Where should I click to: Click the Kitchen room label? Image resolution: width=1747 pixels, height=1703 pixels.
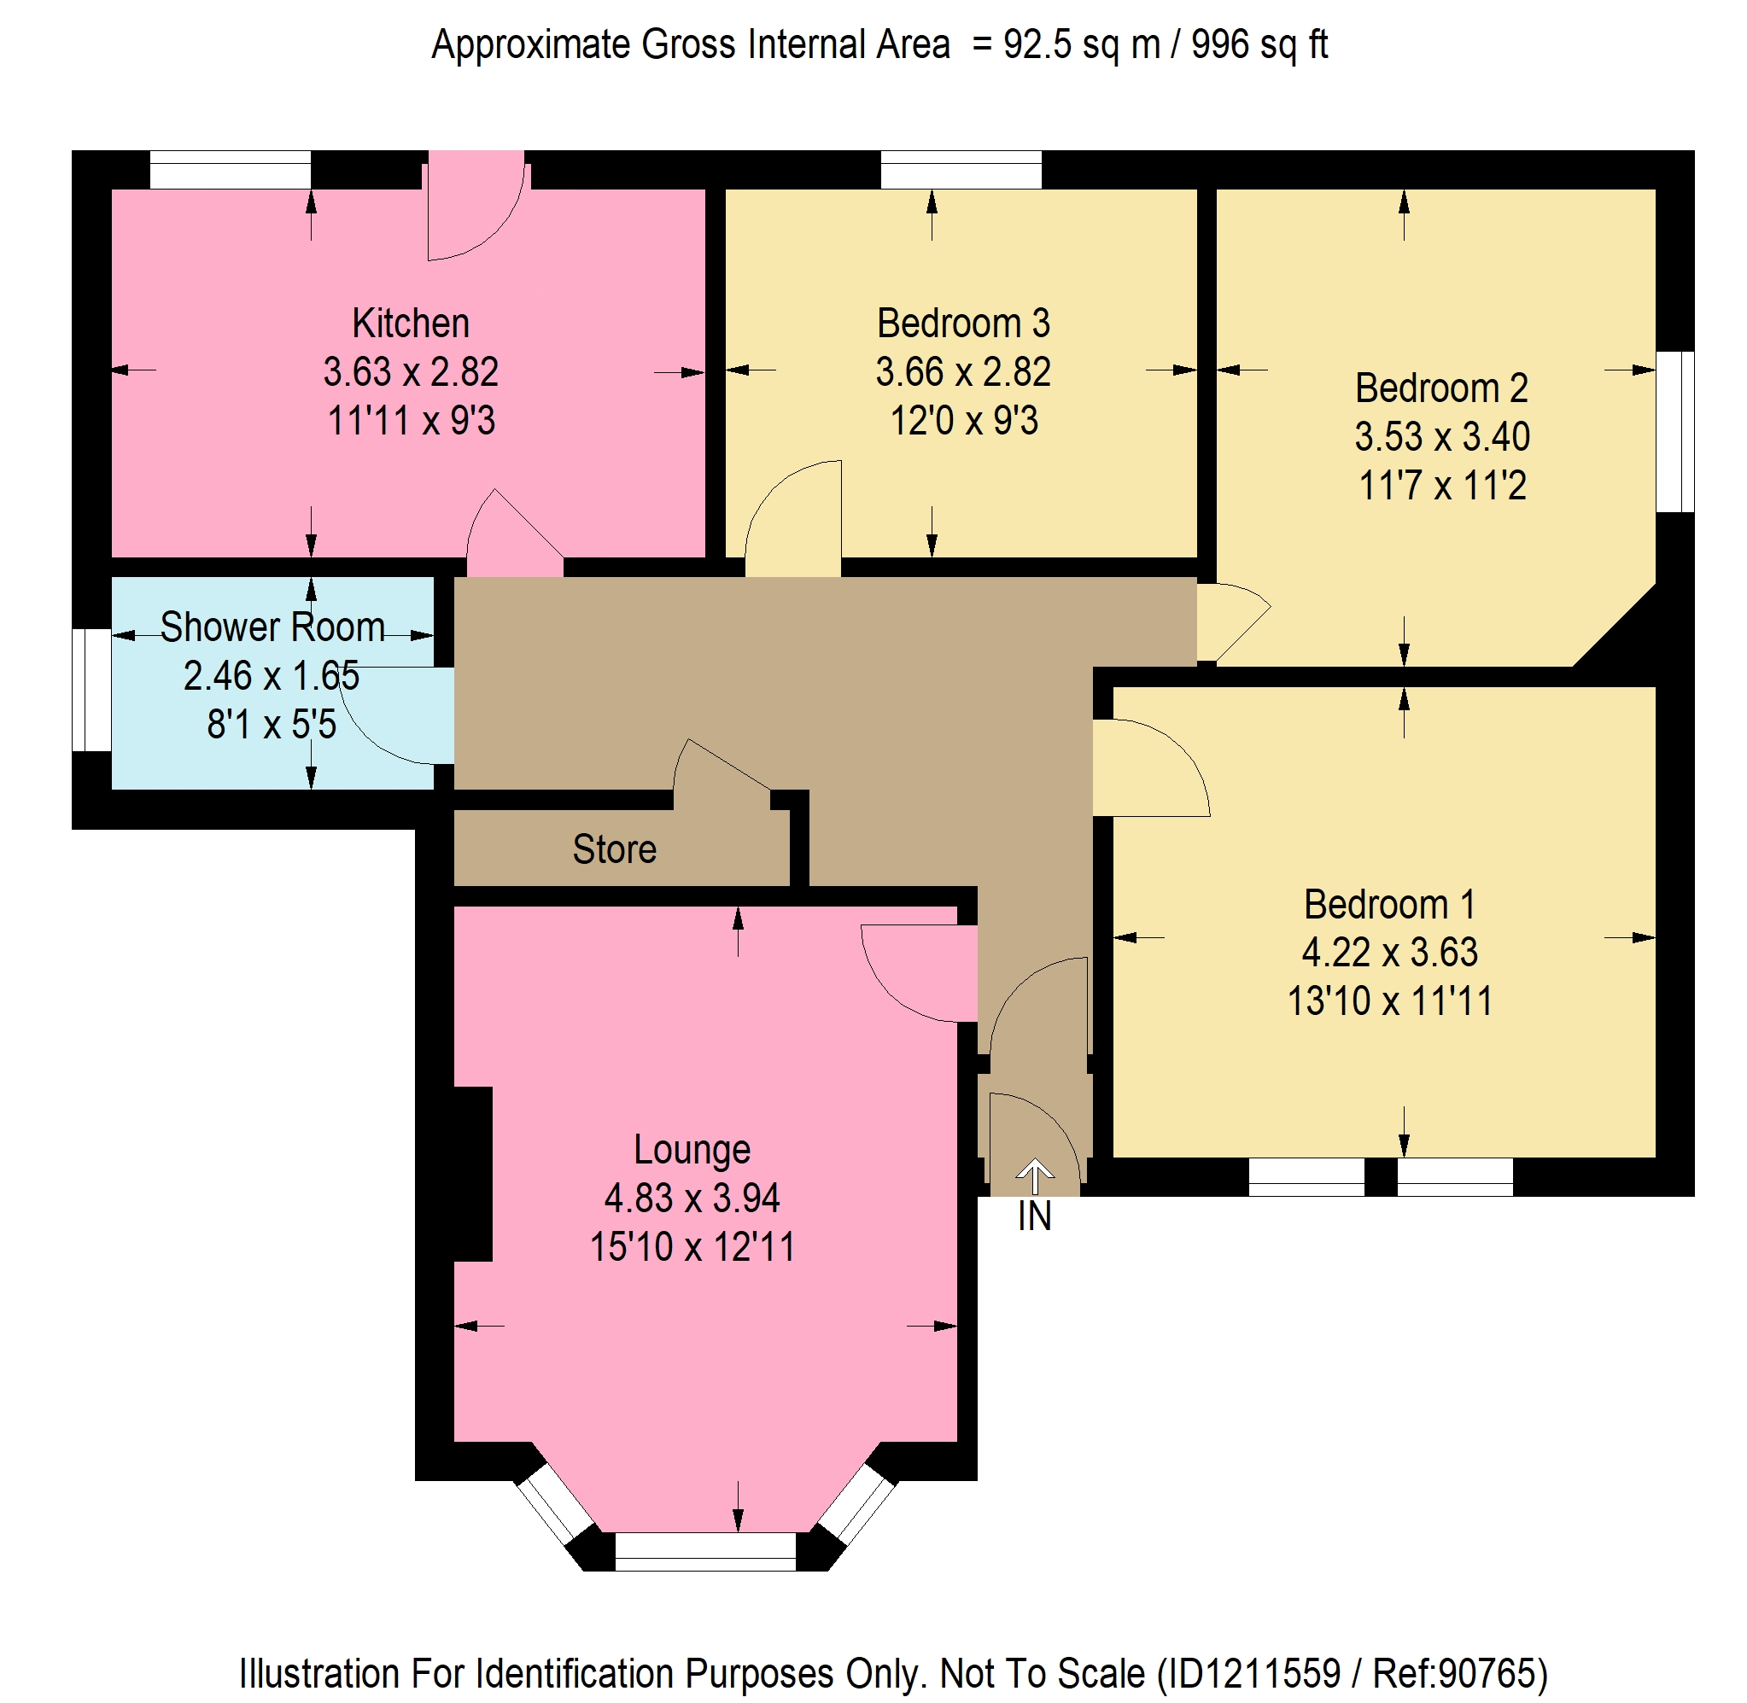tap(411, 323)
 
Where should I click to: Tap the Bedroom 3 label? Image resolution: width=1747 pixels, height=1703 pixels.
tap(962, 323)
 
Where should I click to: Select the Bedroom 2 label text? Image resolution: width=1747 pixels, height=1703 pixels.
tap(1441, 388)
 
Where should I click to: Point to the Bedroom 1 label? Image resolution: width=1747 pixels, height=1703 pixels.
tap(1389, 904)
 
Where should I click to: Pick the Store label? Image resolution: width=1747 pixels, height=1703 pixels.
tap(615, 849)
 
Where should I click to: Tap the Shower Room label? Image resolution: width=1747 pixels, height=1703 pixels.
tap(272, 627)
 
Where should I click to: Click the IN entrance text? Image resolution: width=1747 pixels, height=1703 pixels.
tap(1034, 1216)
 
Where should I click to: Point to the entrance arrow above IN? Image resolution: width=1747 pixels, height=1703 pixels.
tap(1035, 1176)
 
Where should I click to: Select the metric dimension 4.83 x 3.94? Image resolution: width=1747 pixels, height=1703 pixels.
tap(692, 1199)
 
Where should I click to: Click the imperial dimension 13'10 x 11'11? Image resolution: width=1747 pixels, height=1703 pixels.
tap(1389, 1000)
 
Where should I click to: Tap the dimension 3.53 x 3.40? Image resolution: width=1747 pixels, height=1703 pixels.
tap(1441, 436)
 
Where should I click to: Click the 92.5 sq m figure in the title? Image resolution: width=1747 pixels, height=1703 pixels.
tap(1082, 44)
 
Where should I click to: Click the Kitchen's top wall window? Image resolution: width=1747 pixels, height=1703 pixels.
tap(230, 170)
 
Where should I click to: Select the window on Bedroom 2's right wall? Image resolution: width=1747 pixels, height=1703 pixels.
tap(1674, 431)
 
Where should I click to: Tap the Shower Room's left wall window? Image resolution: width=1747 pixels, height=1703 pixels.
tap(91, 690)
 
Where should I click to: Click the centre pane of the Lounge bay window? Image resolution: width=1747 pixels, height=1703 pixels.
tap(705, 1551)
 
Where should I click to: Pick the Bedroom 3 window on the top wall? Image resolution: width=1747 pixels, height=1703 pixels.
tap(961, 170)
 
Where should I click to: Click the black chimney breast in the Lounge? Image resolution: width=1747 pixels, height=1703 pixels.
tap(472, 1174)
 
